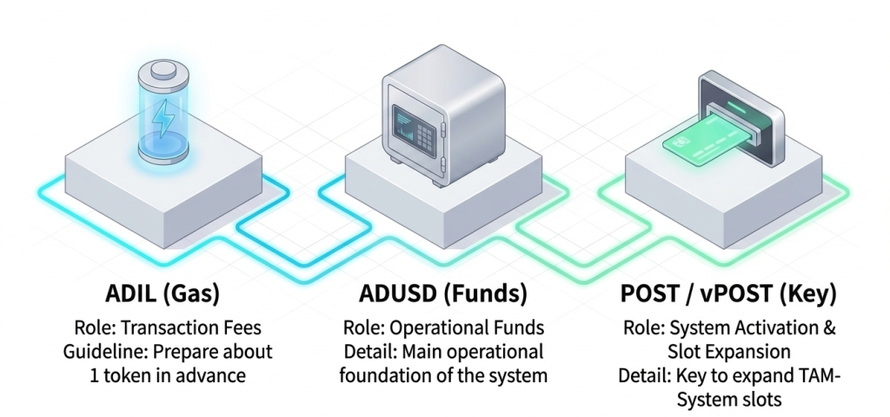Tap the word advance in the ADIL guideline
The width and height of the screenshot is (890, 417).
click(209, 376)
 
